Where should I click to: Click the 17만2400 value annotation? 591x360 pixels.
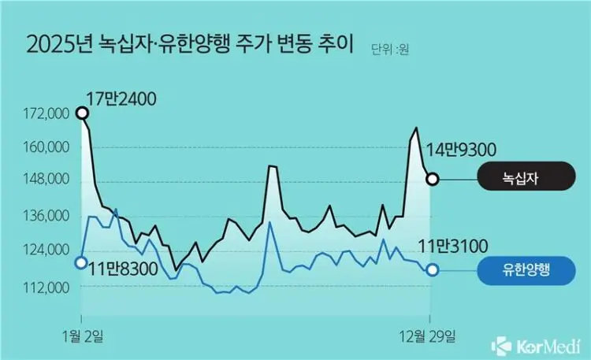(122, 100)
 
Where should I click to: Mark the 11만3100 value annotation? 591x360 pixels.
(452, 248)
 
